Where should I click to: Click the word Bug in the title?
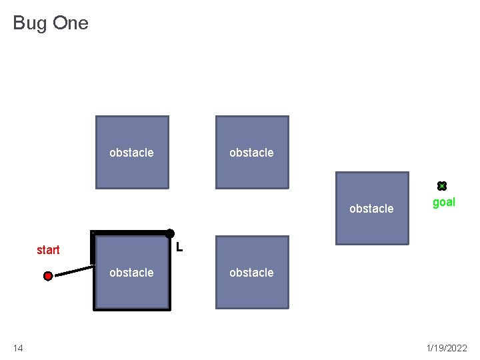29,23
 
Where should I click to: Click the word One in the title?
69,23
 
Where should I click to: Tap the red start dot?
48,275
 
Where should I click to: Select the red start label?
48,250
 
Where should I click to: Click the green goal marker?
441,186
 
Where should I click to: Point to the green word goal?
444,202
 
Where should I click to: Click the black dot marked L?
170,233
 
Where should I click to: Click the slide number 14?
17,348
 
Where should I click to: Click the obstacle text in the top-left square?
131,153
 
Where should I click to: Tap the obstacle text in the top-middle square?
251,153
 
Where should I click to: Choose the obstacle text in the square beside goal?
371,209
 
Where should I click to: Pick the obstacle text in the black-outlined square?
131,273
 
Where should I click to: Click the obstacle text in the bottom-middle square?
251,273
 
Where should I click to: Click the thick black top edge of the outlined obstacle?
131,233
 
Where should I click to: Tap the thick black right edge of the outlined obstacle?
169,273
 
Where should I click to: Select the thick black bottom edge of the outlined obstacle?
131,309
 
